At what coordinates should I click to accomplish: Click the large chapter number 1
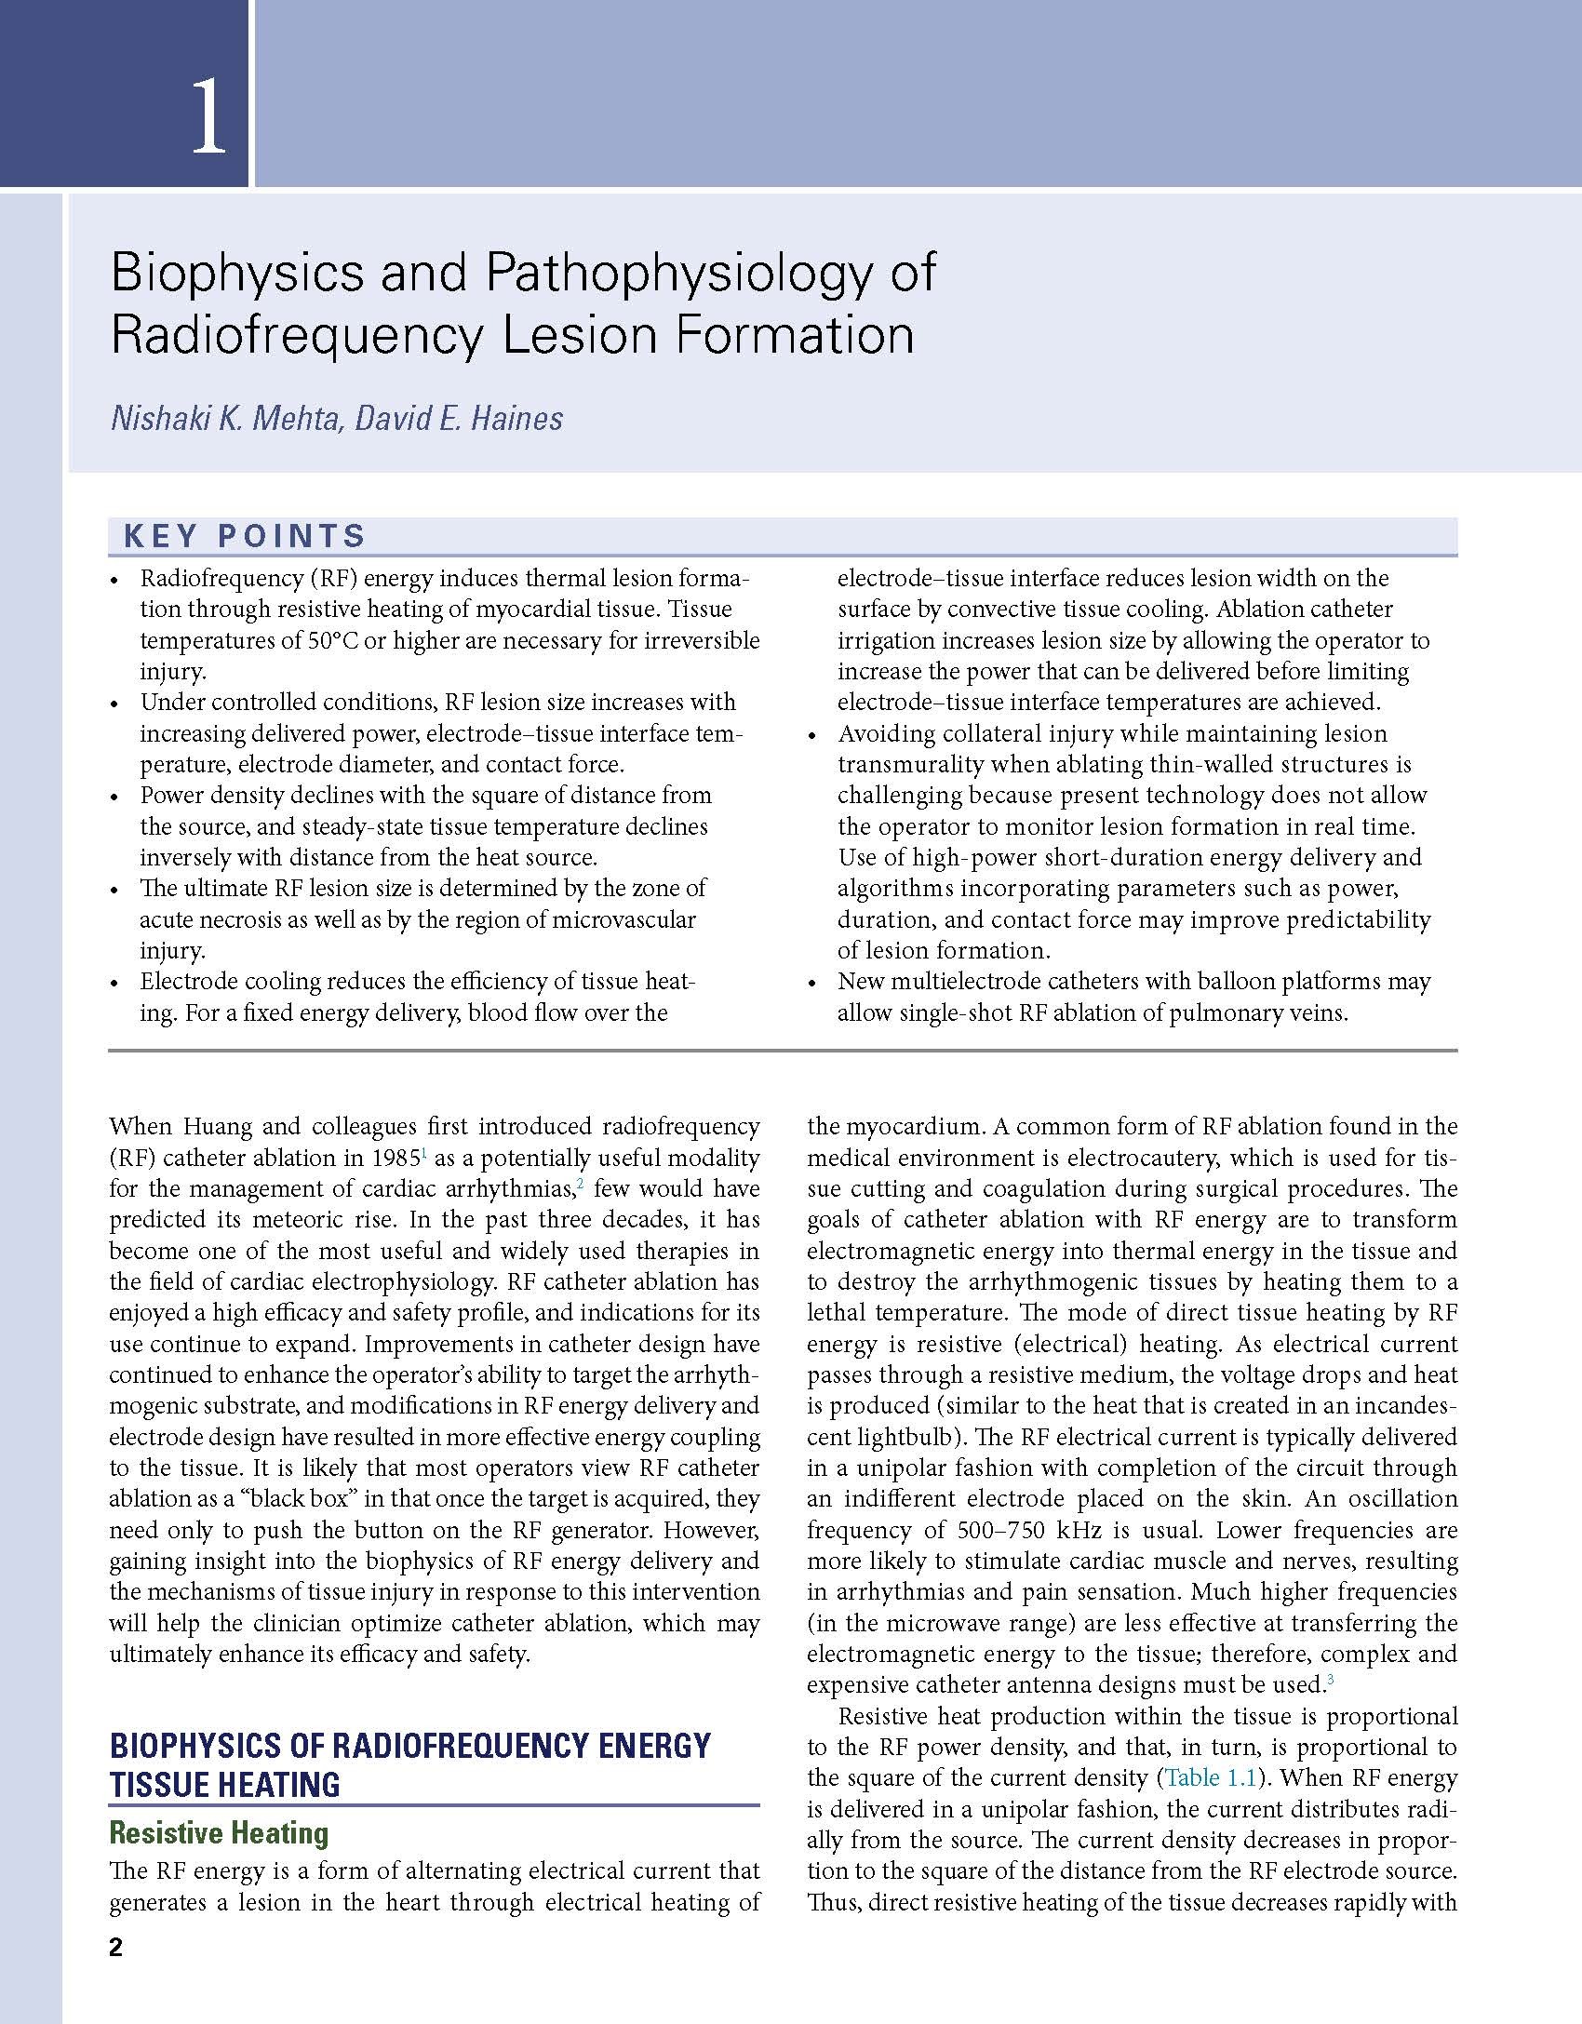click(x=209, y=119)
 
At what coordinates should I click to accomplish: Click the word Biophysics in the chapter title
click(x=236, y=274)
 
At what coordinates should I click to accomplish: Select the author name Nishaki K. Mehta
click(x=221, y=418)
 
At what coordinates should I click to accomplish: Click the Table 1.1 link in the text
click(x=1210, y=1777)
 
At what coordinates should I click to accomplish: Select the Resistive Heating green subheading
click(x=219, y=1832)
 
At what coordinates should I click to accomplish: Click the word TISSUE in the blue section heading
click(x=161, y=1785)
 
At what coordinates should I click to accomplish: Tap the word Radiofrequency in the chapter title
click(x=297, y=335)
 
